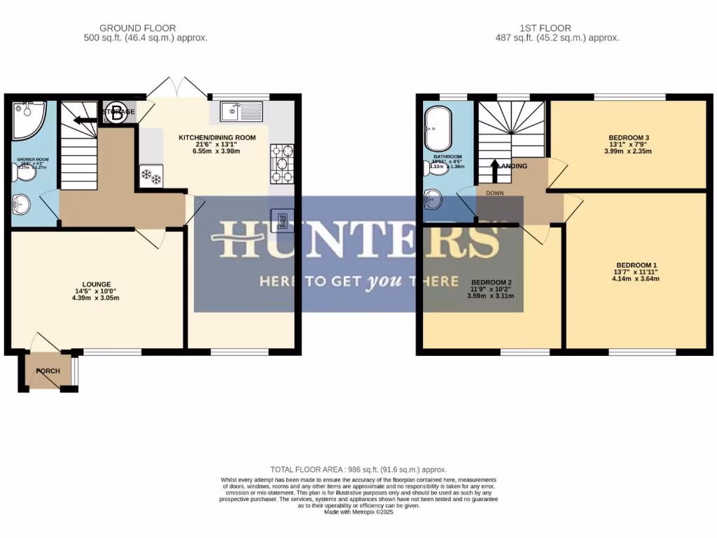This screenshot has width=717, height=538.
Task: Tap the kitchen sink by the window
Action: click(240, 112)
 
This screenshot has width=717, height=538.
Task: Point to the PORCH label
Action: click(48, 371)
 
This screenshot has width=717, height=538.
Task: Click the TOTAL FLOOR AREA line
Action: click(358, 469)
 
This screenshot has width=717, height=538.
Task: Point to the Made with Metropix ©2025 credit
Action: click(358, 512)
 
